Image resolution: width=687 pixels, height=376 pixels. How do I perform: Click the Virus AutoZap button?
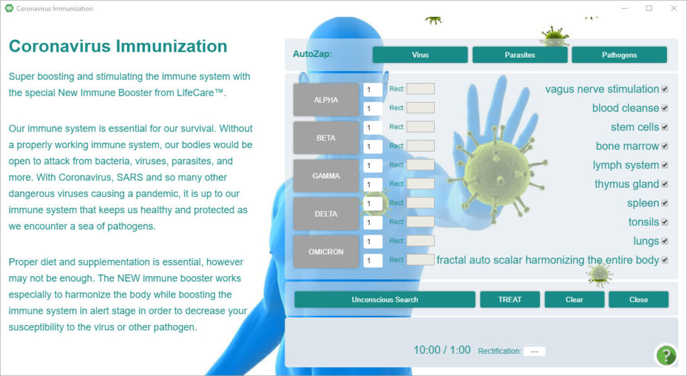[x=420, y=55]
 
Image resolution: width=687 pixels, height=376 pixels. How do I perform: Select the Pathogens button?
[x=619, y=55]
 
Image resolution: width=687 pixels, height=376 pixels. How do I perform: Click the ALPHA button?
[x=326, y=100]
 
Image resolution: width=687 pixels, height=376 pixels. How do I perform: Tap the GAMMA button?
[x=326, y=176]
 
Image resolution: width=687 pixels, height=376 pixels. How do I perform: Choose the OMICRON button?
[x=326, y=252]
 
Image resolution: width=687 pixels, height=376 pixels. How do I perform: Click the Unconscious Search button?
[x=384, y=300]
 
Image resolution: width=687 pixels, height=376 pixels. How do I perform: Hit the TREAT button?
[x=510, y=300]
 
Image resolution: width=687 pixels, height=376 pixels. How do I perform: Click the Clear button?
[x=574, y=300]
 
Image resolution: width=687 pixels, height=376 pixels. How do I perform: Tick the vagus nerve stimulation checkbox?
[x=665, y=89]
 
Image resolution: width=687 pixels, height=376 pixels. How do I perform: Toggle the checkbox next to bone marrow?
[x=665, y=146]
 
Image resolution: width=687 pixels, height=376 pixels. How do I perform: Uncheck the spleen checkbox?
[x=665, y=203]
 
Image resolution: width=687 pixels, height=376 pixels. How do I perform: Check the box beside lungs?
[x=665, y=241]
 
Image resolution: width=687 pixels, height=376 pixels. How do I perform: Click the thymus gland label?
[x=627, y=184]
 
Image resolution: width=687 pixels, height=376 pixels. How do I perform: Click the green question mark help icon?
[x=666, y=355]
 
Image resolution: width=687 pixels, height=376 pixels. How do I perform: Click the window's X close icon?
[x=674, y=8]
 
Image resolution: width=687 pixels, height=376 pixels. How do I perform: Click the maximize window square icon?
[x=649, y=8]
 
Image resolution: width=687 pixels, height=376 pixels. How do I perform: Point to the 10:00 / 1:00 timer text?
[x=442, y=350]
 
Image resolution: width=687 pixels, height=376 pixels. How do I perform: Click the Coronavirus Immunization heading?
[x=118, y=46]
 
